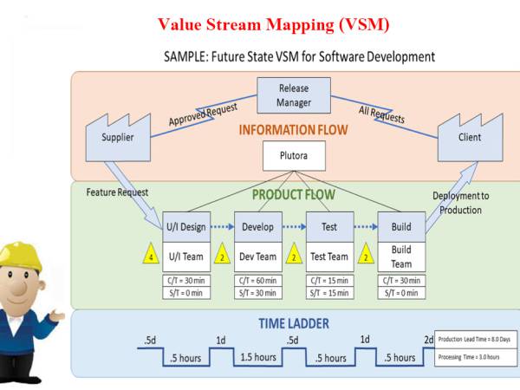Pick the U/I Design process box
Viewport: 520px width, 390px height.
185,227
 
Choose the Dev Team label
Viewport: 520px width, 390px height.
258,256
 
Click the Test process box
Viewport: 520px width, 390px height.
329,227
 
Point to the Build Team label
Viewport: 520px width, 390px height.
400,257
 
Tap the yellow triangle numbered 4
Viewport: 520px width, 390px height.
151,257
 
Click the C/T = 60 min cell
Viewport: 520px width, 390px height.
258,281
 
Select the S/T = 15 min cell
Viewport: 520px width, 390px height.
329,293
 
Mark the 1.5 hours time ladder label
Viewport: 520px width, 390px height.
258,357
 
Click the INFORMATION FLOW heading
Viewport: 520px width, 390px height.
294,130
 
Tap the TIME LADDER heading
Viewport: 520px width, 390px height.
294,324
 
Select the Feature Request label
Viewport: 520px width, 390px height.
118,192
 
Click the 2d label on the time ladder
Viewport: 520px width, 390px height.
428,339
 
